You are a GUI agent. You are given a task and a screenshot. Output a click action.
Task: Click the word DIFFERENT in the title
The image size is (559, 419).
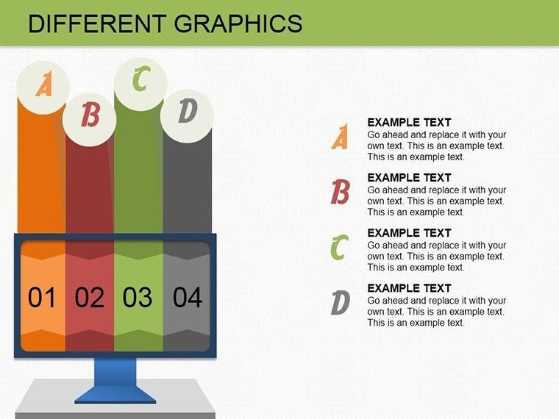click(88, 24)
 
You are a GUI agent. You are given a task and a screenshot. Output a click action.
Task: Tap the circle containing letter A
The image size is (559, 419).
click(45, 87)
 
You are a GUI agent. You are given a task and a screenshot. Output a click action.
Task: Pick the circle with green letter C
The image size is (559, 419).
click(140, 80)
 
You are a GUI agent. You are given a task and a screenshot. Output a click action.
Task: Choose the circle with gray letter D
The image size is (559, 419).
click(188, 112)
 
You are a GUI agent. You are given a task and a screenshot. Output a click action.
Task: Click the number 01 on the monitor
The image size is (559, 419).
click(42, 298)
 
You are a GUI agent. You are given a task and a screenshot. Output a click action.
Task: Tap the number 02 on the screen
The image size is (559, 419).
click(90, 298)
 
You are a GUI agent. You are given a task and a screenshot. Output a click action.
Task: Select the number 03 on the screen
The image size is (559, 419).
click(138, 298)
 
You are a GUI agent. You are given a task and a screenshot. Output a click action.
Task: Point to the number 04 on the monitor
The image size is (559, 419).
click(187, 298)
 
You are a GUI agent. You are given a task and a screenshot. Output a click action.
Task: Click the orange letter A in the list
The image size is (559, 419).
click(340, 138)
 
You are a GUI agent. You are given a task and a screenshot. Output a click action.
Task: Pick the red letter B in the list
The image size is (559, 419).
click(340, 193)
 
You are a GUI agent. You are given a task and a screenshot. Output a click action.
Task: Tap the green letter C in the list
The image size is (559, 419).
click(338, 248)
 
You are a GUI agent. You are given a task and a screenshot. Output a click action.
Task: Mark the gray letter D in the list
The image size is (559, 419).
click(339, 303)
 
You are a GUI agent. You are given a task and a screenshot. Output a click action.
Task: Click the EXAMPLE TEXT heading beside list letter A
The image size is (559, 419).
click(409, 123)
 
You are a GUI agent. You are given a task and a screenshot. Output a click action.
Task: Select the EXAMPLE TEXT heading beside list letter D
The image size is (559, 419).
click(409, 288)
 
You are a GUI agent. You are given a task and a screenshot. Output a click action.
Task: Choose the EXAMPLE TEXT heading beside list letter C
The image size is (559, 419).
click(409, 233)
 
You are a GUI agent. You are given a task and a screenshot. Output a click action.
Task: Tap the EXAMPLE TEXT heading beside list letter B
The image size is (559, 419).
click(409, 178)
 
